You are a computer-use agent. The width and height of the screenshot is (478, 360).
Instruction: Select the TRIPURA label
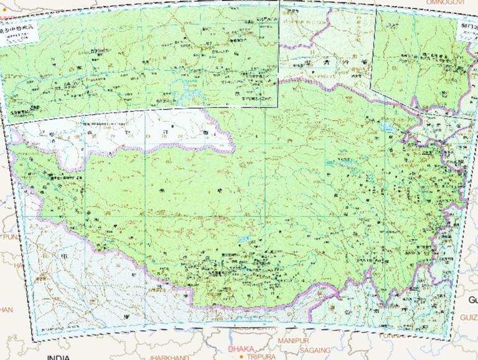click(261, 357)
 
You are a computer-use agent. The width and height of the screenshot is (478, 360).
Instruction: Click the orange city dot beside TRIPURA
click(241, 357)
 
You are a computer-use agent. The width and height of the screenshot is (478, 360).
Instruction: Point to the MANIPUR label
click(293, 341)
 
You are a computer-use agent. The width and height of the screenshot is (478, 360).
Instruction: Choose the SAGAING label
click(315, 351)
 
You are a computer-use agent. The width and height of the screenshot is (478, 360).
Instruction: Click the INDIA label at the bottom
click(58, 358)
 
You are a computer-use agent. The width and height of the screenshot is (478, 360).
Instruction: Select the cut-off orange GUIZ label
click(468, 317)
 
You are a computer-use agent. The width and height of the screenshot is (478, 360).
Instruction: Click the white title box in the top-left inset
click(18, 35)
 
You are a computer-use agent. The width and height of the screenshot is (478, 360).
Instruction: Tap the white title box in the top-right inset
click(466, 31)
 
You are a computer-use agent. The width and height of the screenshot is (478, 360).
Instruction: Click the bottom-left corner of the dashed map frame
click(32, 339)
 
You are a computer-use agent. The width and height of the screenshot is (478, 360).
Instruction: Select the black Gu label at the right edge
click(472, 300)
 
